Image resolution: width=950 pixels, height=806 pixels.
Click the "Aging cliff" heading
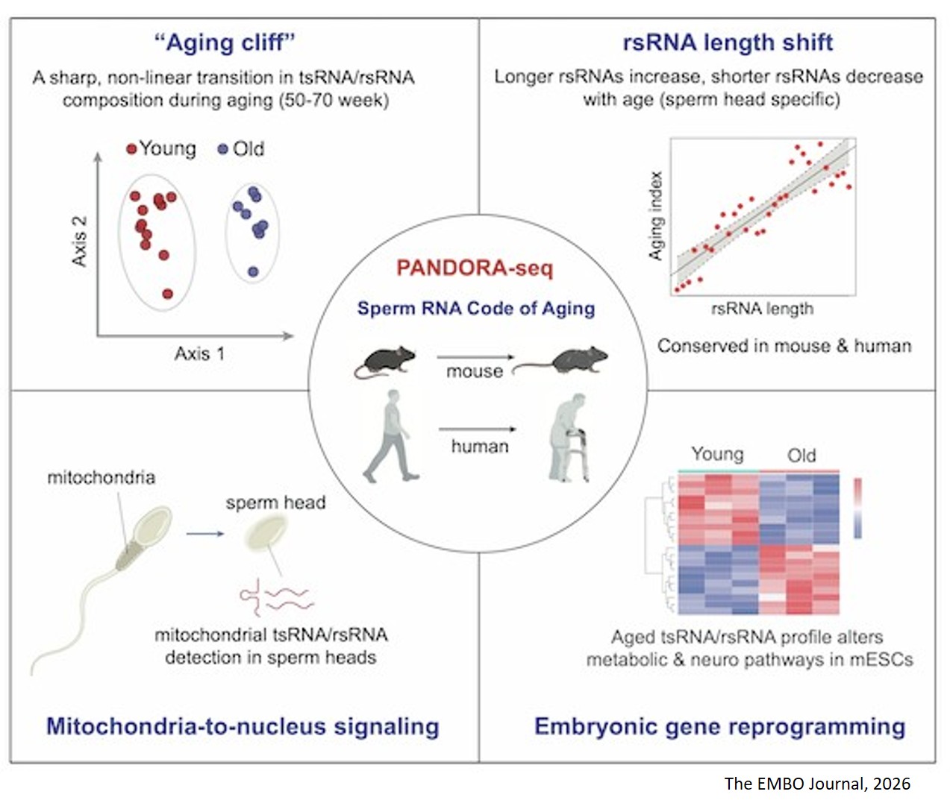tap(225, 42)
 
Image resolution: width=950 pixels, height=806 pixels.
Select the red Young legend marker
tap(132, 149)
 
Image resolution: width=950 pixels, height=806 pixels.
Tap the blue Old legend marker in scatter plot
tap(222, 149)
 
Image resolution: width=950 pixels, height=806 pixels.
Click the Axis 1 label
tap(199, 353)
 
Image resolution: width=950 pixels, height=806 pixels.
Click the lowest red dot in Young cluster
tap(168, 293)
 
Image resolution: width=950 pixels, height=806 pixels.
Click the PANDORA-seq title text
tap(475, 268)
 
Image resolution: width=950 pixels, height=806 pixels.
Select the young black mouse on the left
tap(384, 362)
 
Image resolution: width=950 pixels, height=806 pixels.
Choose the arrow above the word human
tap(478, 429)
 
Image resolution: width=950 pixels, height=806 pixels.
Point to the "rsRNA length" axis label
tap(762, 309)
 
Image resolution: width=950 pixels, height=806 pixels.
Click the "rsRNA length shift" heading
tap(728, 42)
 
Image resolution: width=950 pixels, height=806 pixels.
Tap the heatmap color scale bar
tap(857, 508)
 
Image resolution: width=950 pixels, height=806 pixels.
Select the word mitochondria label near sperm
tap(101, 477)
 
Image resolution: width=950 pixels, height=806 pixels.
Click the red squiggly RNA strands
tap(274, 596)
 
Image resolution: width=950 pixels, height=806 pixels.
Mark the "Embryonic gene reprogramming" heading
tap(719, 725)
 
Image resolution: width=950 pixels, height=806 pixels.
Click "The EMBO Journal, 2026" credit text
tap(817, 783)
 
